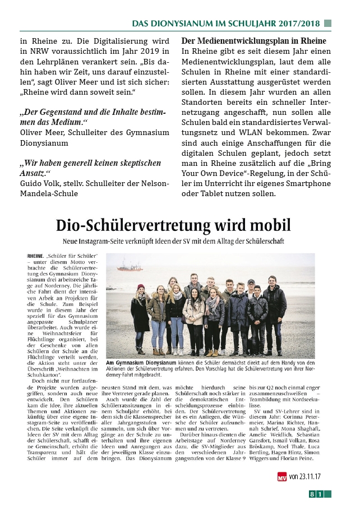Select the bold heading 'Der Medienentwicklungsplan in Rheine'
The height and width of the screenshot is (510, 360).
pyautogui.click(x=253, y=41)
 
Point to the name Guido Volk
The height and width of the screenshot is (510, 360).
pyautogui.click(x=40, y=184)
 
